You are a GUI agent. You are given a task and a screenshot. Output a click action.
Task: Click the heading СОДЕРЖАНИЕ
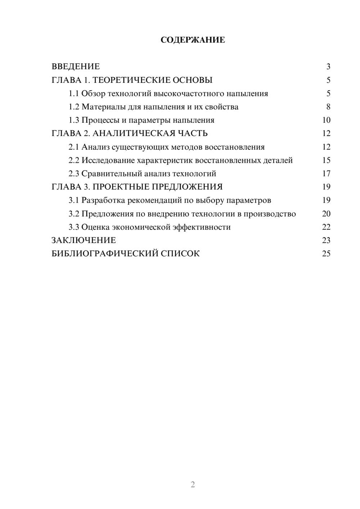[x=193, y=40]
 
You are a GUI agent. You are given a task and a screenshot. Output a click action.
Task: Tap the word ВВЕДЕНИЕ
[x=76, y=67]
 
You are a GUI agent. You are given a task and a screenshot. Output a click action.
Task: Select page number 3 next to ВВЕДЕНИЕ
[x=328, y=67]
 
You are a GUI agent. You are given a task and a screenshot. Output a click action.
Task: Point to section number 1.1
[x=74, y=94]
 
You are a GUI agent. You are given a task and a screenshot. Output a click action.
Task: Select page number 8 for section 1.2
[x=328, y=107]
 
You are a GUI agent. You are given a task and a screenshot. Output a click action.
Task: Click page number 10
[x=326, y=120]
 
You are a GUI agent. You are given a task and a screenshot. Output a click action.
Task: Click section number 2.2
[x=74, y=160]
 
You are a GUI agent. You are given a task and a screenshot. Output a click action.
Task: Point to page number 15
[x=326, y=160]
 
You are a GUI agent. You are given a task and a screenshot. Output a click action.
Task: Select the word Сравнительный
[x=112, y=174]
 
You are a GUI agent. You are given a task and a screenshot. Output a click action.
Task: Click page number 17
[x=326, y=174]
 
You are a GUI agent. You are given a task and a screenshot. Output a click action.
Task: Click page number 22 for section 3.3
[x=326, y=227]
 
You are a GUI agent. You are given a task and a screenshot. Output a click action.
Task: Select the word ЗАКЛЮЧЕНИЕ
[x=84, y=240]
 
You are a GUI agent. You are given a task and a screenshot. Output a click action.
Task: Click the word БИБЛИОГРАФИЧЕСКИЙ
[x=105, y=254]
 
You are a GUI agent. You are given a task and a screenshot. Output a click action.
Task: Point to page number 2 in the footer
[x=193, y=485]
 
